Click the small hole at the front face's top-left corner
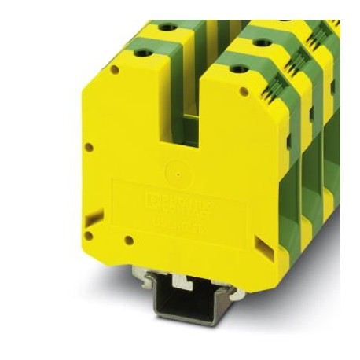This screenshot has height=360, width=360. (115, 70)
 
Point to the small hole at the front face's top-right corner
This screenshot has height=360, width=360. (244, 93)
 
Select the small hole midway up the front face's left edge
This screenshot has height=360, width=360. (89, 147)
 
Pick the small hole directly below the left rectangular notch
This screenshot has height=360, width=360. (89, 235)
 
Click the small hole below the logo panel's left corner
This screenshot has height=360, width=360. (127, 240)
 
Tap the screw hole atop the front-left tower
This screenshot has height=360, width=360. (143, 53)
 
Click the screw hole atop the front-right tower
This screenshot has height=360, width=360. (237, 70)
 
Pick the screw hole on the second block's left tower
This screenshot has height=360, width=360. (167, 28)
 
